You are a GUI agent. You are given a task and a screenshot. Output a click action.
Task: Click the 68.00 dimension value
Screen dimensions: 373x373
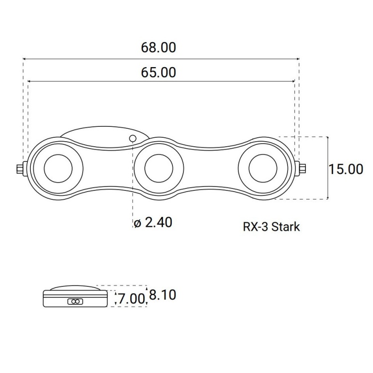[159, 48]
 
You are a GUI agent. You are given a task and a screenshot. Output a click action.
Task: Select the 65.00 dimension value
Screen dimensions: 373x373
[159, 73]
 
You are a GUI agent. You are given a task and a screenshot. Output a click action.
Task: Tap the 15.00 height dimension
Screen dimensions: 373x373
[346, 169]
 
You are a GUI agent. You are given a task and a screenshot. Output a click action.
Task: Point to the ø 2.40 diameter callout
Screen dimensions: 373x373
[153, 222]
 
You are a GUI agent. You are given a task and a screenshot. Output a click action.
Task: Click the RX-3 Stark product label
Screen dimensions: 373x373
[271, 227]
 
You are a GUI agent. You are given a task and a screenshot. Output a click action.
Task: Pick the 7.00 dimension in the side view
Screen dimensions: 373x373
[131, 299]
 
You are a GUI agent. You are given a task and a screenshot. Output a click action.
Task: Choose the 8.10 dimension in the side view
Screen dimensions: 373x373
[163, 295]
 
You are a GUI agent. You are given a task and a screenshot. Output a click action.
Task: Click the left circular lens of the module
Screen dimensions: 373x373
[59, 168]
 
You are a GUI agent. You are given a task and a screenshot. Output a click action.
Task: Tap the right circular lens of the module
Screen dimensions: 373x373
[263, 168]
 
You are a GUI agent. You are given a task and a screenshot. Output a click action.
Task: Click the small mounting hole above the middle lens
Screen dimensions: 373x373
[133, 138]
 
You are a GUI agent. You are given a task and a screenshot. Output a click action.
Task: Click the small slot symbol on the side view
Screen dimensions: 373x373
[75, 301]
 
